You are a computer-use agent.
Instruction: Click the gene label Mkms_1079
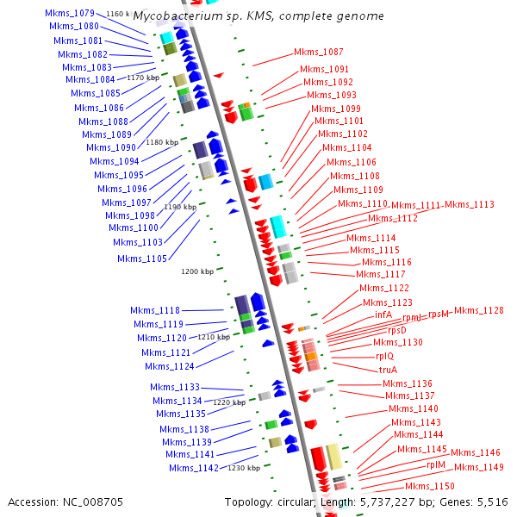(x=70, y=13)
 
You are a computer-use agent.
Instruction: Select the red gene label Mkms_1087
(x=318, y=52)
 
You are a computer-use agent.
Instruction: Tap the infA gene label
(x=383, y=315)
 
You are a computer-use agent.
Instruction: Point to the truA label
(x=389, y=370)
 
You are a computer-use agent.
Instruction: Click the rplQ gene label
(x=385, y=356)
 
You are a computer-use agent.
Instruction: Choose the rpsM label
(x=439, y=314)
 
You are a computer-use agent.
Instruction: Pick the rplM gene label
(x=436, y=464)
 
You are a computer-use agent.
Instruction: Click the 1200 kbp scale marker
(x=196, y=271)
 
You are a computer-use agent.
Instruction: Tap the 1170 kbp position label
(x=143, y=78)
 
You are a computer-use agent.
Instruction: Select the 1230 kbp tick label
(x=244, y=468)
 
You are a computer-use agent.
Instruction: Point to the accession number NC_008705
(x=65, y=501)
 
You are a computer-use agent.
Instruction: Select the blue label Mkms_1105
(x=142, y=258)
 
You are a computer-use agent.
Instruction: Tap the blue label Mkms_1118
(x=155, y=310)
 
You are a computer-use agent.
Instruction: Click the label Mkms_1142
(x=194, y=468)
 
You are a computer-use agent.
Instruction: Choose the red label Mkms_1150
(x=430, y=487)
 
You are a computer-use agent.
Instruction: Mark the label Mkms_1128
(x=479, y=310)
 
